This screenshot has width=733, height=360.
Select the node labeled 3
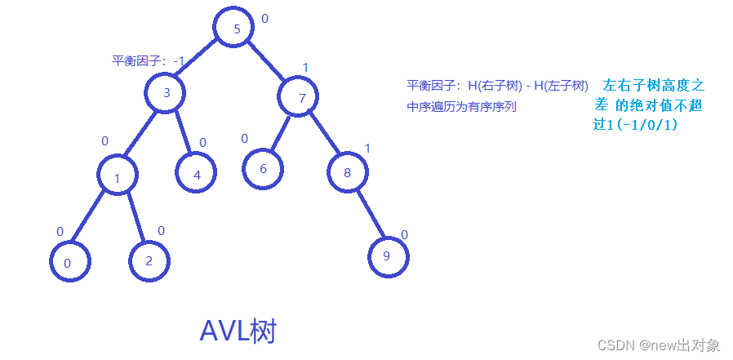pyautogui.click(x=167, y=92)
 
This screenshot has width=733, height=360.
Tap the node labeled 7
pyautogui.click(x=301, y=98)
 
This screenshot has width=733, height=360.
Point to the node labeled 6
pyautogui.click(x=263, y=169)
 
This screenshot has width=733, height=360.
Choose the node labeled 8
pyautogui.click(x=348, y=172)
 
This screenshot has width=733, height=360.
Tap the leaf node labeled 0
pyautogui.click(x=68, y=262)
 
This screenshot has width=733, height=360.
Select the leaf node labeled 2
pyautogui.click(x=149, y=260)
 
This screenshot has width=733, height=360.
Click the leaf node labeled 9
pyautogui.click(x=387, y=256)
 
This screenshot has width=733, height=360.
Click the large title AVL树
pyautogui.click(x=238, y=331)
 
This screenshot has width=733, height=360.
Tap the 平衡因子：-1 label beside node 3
pyautogui.click(x=148, y=61)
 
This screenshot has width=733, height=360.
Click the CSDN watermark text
pyautogui.click(x=658, y=345)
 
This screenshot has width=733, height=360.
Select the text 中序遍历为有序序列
pyautogui.click(x=461, y=107)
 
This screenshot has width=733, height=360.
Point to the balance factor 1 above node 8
pyautogui.click(x=367, y=149)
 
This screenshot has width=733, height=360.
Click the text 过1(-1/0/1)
pyautogui.click(x=635, y=125)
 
